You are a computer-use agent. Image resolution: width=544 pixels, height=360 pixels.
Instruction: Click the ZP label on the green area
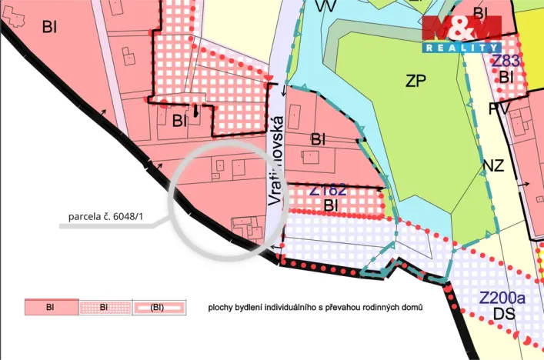(416, 81)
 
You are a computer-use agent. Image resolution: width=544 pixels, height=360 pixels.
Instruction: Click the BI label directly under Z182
(332, 205)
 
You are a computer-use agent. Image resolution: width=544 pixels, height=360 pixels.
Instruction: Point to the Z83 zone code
(506, 61)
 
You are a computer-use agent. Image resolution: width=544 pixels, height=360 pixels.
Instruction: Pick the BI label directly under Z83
(506, 77)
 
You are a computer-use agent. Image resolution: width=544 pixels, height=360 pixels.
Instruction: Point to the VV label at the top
(325, 6)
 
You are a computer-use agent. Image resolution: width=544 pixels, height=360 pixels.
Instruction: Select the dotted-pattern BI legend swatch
(105, 308)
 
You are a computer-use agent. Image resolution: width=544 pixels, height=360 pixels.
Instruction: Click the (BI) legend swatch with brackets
(158, 308)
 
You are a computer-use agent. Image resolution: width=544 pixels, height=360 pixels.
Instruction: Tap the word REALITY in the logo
(461, 48)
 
